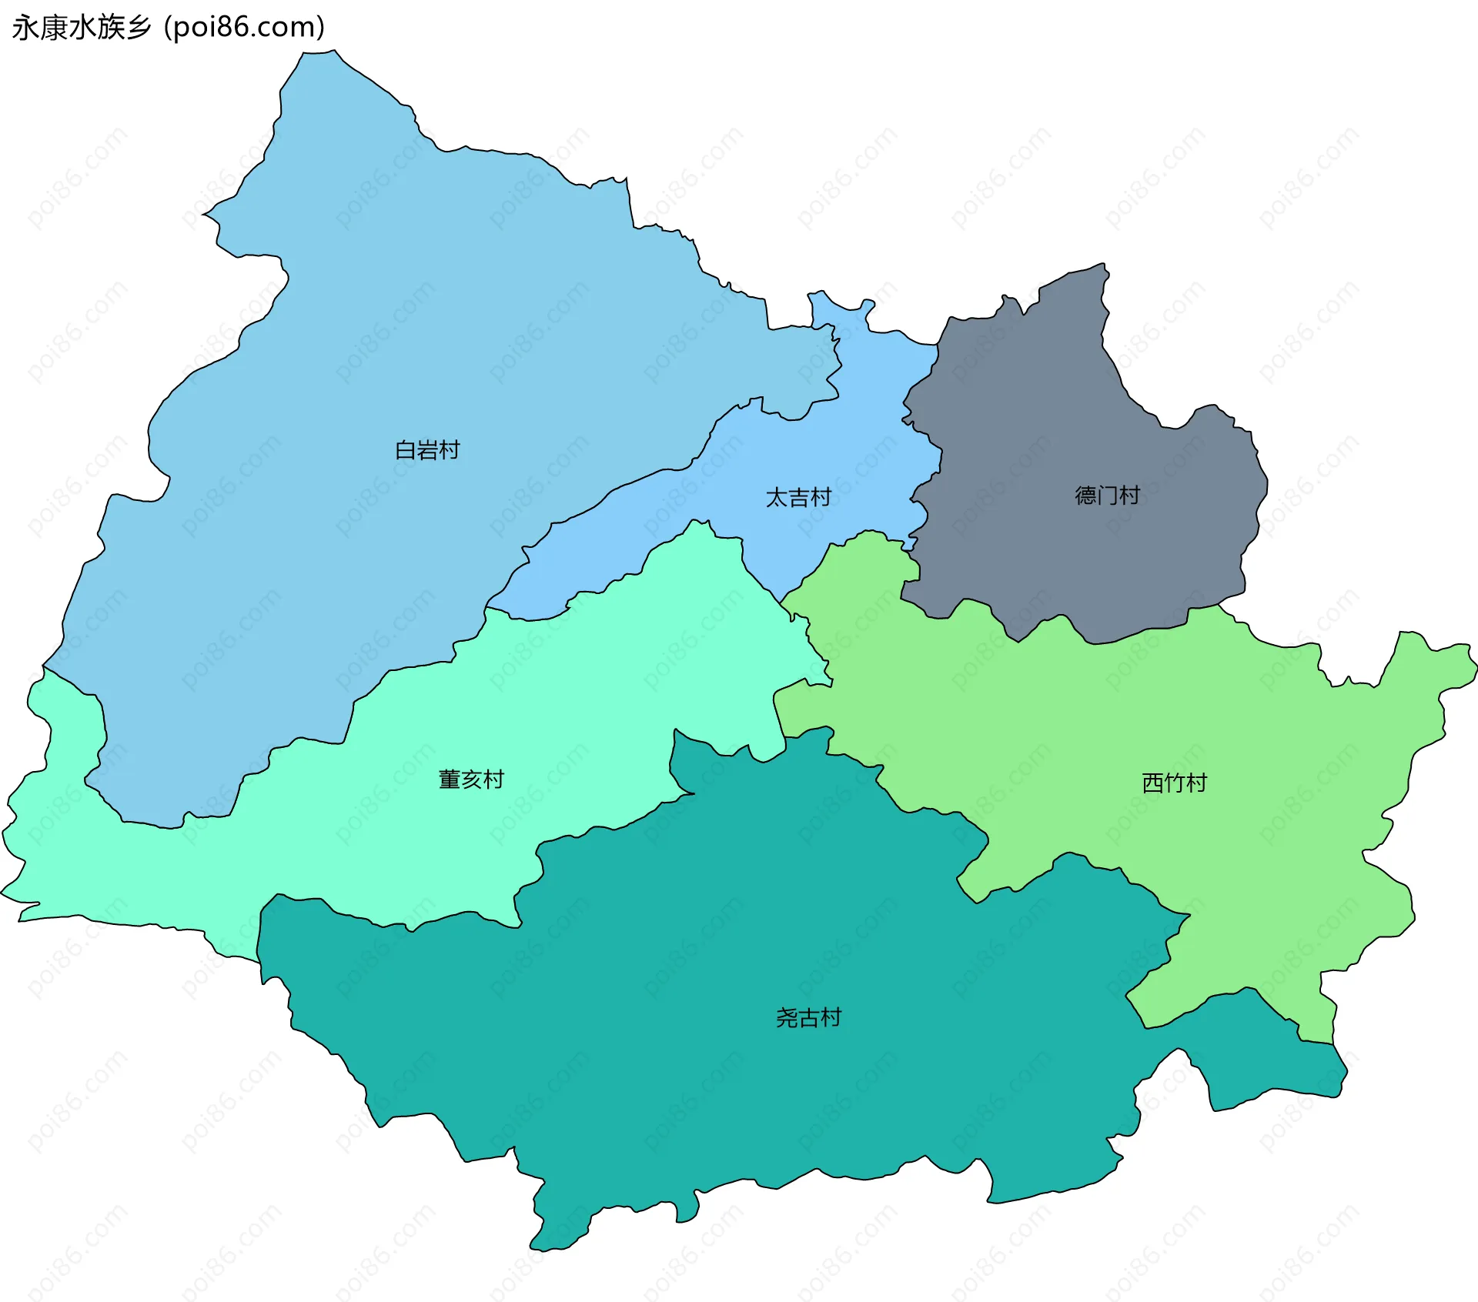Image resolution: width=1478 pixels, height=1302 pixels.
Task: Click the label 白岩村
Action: pyautogui.click(x=427, y=450)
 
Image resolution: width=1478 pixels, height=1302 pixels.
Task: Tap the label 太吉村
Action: pyautogui.click(x=798, y=498)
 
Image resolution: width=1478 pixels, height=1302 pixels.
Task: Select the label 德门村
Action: pyautogui.click(x=1107, y=495)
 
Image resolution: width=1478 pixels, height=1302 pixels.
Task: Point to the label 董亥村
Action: pyautogui.click(x=471, y=780)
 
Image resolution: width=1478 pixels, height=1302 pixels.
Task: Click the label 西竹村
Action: pyautogui.click(x=1174, y=783)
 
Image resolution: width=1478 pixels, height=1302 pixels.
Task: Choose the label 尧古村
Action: pyautogui.click(x=808, y=1018)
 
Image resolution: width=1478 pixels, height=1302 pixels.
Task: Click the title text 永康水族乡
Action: pyautogui.click(x=82, y=27)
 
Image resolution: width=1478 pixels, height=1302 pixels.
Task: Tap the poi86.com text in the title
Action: pyautogui.click(x=245, y=27)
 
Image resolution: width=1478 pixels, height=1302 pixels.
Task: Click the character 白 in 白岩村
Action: pyautogui.click(x=405, y=450)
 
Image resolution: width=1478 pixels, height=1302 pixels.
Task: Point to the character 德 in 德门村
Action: pyautogui.click(x=1085, y=495)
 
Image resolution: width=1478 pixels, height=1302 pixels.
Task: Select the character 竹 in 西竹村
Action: pyautogui.click(x=1175, y=783)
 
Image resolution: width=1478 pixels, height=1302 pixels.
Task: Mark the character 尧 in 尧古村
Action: pyautogui.click(x=787, y=1018)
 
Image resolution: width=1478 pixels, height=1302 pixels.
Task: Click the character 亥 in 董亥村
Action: pyautogui.click(x=471, y=780)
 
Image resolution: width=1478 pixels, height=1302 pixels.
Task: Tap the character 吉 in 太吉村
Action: pyautogui.click(x=798, y=498)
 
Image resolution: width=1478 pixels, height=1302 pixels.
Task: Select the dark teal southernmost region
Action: pyautogui.click(x=770, y=1077)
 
